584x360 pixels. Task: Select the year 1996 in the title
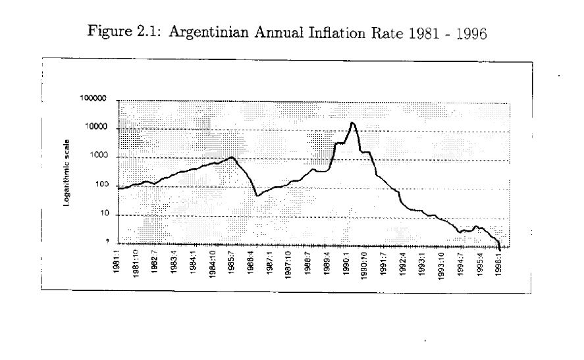tap(472, 34)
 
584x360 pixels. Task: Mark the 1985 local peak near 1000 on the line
tap(232, 157)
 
